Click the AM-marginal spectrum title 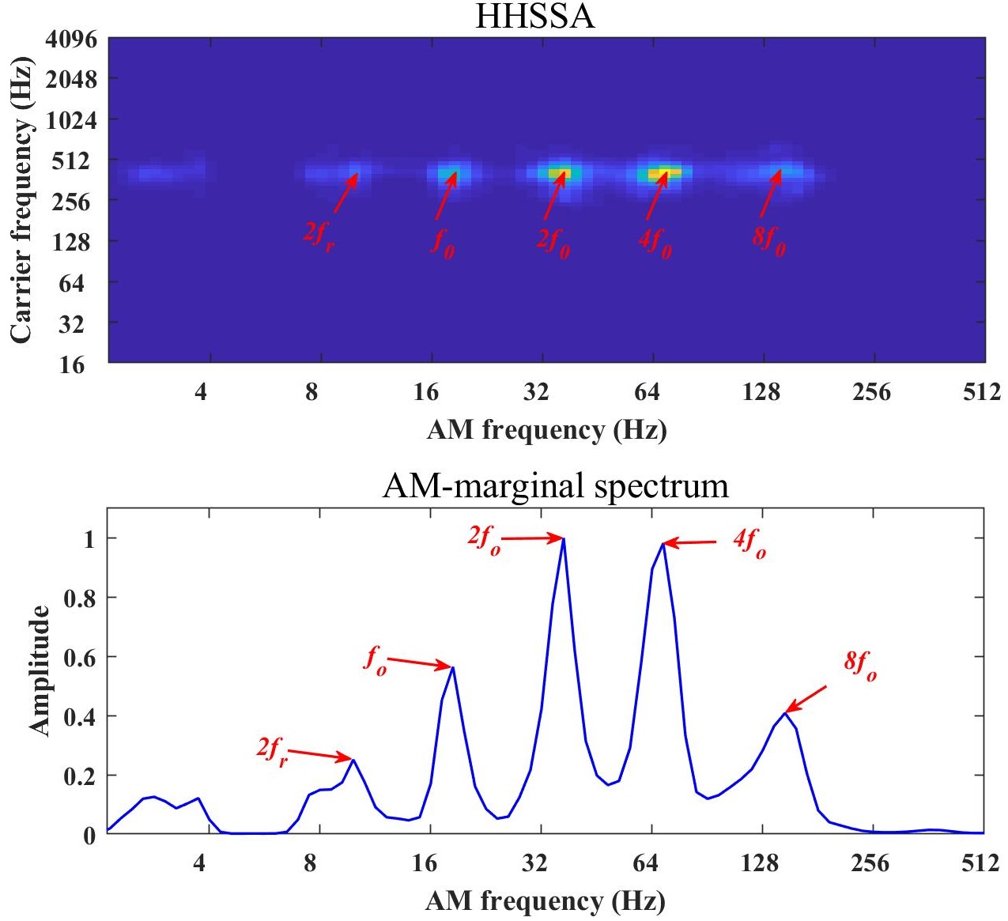(555, 485)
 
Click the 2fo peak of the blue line (564, 538)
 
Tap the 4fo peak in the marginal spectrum (663, 543)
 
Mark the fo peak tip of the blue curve (453, 668)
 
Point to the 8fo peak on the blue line (784, 713)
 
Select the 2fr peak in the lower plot (353, 760)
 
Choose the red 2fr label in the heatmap (319, 234)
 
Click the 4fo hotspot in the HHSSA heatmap (663, 173)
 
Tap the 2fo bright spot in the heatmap (562, 173)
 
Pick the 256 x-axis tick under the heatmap (871, 392)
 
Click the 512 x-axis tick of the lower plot (981, 863)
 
